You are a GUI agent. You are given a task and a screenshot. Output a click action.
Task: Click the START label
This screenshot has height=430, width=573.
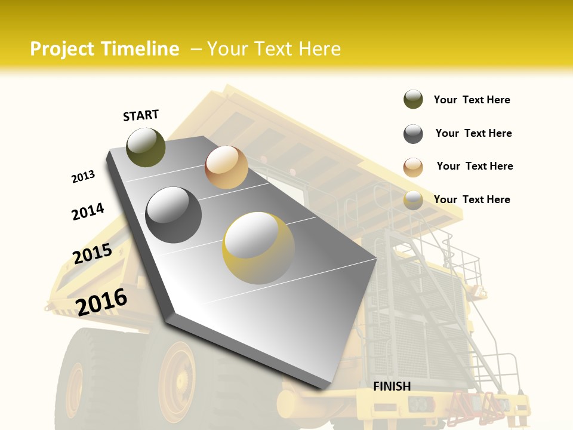(141, 115)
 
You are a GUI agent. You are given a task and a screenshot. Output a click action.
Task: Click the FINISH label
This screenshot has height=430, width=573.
(392, 386)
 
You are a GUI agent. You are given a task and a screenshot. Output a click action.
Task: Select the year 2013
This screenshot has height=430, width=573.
(83, 177)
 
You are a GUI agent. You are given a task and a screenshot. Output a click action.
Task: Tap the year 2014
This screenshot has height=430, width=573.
(88, 211)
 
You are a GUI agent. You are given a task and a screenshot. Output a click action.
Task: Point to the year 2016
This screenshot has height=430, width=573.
(101, 302)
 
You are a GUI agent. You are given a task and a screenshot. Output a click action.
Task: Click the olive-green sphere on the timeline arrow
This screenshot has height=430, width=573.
(146, 147)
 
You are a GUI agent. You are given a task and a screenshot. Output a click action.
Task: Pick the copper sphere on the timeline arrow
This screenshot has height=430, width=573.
(226, 167)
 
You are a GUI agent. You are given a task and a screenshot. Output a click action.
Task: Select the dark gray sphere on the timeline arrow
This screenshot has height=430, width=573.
(174, 215)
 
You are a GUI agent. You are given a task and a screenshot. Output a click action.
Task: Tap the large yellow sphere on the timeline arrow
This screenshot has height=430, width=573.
(258, 248)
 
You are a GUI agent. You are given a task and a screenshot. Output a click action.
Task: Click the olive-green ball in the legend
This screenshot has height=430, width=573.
(413, 100)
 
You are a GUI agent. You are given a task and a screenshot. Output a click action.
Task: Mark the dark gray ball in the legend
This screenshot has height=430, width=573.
(413, 134)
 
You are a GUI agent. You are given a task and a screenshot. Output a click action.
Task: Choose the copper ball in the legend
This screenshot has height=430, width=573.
(413, 167)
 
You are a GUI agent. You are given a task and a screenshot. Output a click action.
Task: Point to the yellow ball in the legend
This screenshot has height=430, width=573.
(413, 200)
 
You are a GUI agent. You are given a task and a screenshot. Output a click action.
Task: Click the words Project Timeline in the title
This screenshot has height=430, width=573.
(104, 49)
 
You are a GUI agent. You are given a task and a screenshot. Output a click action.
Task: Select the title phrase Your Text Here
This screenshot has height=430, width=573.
(274, 49)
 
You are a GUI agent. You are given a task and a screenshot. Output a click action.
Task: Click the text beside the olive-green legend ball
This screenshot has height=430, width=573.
(472, 100)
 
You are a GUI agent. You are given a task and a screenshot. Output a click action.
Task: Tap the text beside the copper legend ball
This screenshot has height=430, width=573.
(475, 166)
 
